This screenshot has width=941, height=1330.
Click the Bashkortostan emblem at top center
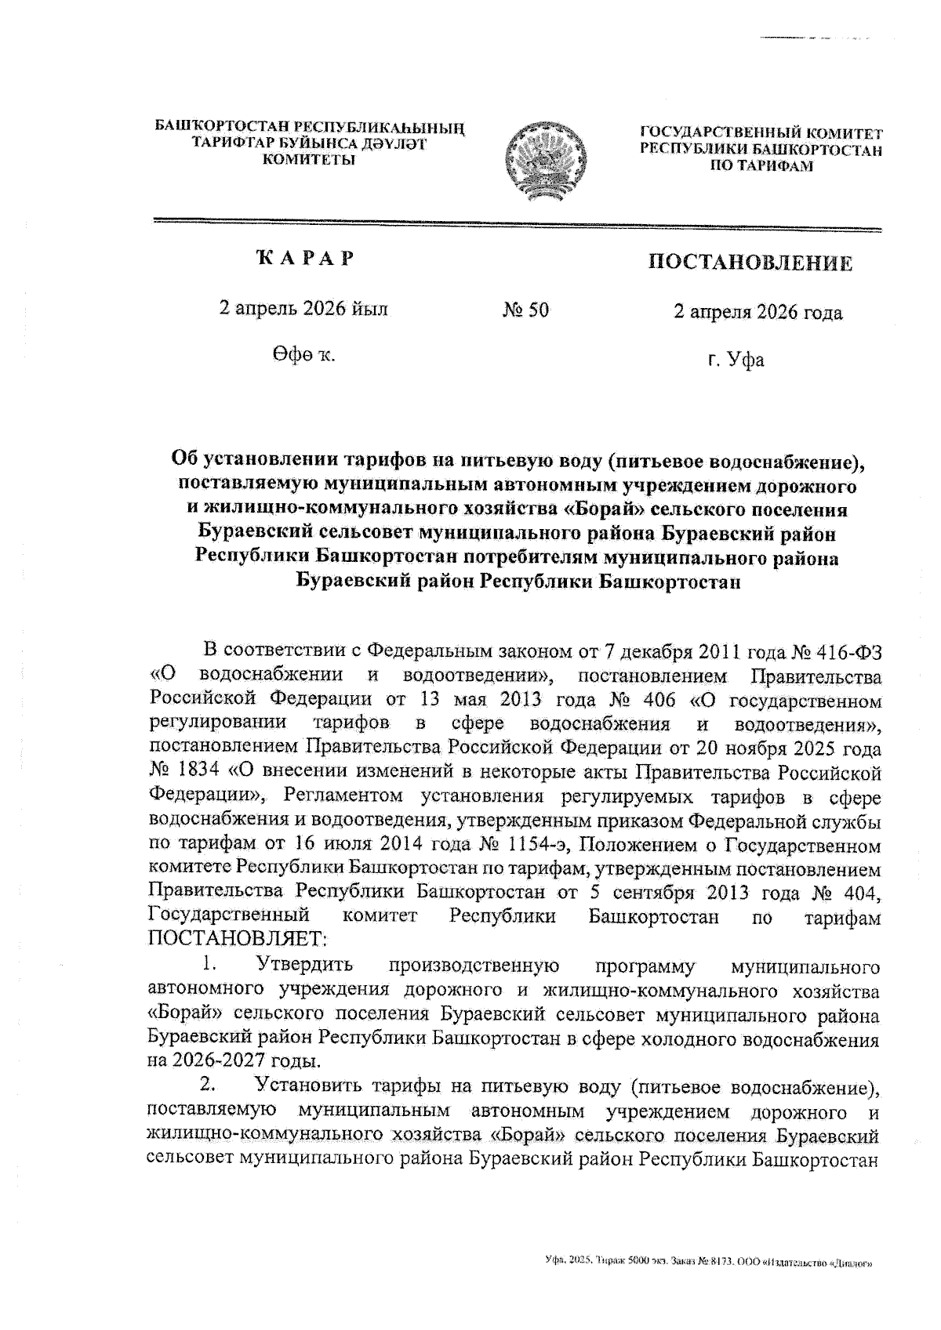[547, 158]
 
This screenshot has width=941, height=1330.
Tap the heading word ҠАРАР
[304, 259]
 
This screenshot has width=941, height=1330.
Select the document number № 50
[525, 310]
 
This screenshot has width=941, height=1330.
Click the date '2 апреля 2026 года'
[758, 313]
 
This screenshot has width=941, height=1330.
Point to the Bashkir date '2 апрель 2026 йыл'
[303, 309]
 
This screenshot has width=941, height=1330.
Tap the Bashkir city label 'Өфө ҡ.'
[304, 356]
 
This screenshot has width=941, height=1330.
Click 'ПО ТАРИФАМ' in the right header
[761, 166]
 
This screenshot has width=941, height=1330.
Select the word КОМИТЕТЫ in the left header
[308, 160]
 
